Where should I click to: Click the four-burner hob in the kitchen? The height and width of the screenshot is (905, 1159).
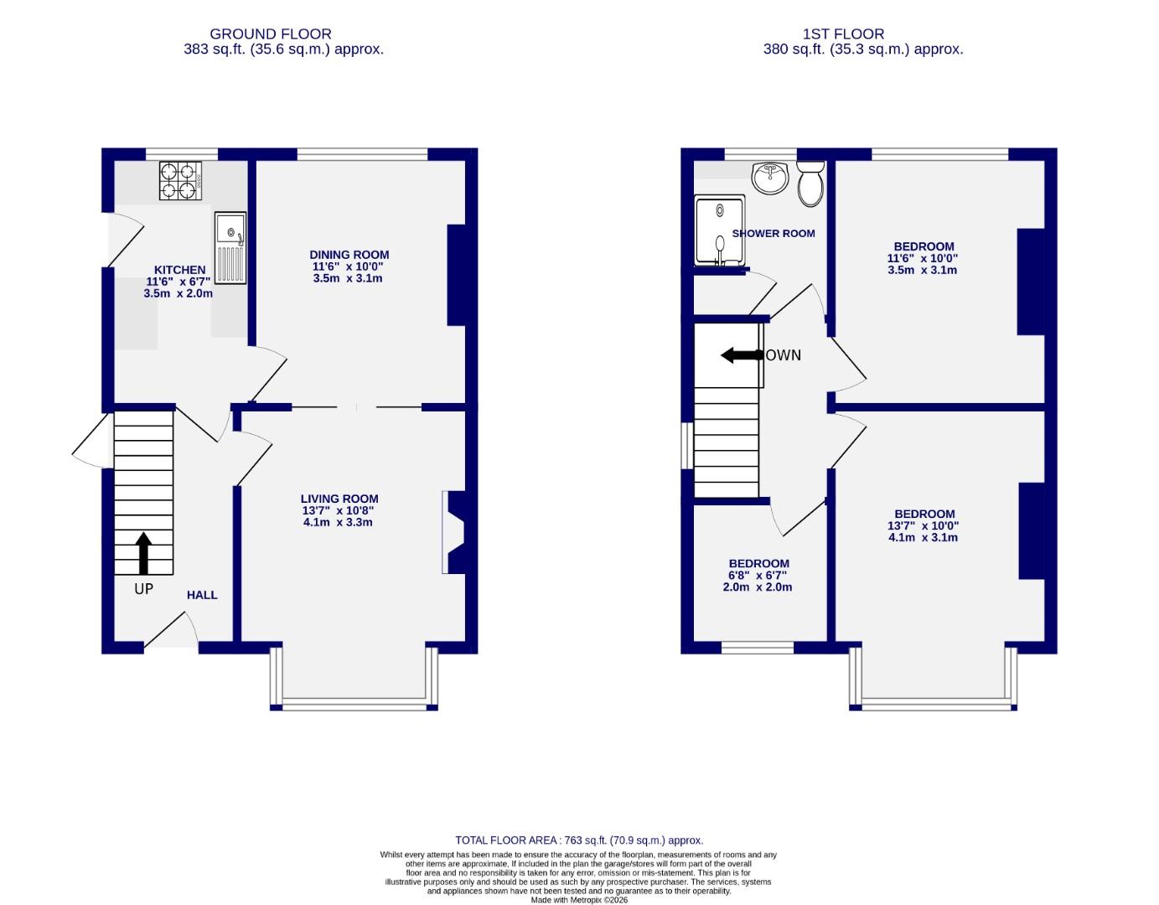point(181,180)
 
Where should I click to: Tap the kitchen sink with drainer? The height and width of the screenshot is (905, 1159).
point(230,247)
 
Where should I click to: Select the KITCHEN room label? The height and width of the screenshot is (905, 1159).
point(179,270)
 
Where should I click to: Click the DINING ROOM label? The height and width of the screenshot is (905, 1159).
point(349,255)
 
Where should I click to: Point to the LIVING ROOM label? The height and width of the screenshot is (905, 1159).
point(339,499)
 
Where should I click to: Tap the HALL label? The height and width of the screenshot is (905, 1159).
point(202,595)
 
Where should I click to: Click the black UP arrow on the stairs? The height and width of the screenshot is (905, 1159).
point(143,553)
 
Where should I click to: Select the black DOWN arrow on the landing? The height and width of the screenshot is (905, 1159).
point(741,355)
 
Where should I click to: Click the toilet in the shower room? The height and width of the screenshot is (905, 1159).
point(810,184)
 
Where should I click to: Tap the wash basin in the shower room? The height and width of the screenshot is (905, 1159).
point(769,178)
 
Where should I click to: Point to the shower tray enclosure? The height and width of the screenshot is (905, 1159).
point(719,231)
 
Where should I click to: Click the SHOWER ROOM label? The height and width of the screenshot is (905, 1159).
point(774,234)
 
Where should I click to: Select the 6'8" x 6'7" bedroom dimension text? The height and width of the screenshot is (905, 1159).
point(758,576)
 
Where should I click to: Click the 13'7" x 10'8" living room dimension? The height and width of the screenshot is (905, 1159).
point(338,510)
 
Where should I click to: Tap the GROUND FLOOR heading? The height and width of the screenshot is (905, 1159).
point(270,34)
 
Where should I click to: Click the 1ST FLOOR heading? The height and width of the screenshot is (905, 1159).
point(842,34)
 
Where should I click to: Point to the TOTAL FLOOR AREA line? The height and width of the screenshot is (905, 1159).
point(578,840)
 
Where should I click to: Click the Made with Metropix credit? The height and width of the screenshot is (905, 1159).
point(578,900)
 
